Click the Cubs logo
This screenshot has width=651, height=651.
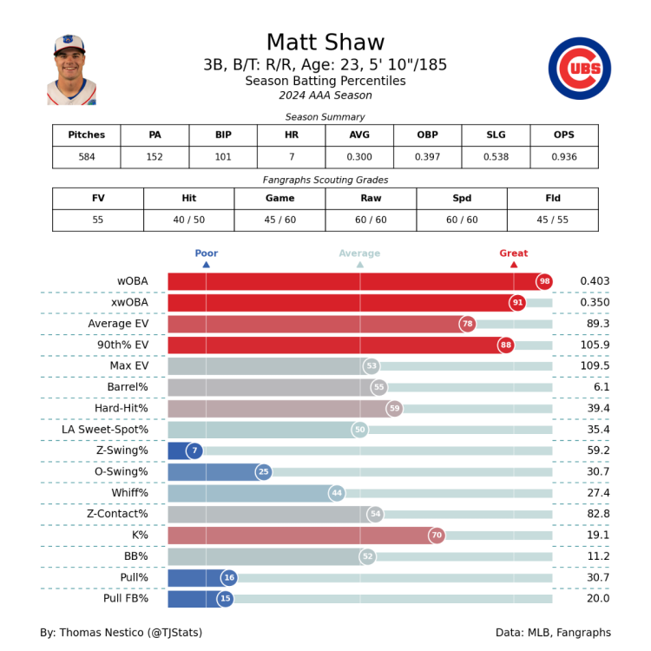579,69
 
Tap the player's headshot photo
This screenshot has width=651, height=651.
71,70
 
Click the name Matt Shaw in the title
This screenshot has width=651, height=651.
325,43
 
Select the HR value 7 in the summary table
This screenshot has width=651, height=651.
292,157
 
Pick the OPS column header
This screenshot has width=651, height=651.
563,135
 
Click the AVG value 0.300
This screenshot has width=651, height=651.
359,157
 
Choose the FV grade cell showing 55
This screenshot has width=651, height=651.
98,220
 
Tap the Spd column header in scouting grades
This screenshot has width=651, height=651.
461,198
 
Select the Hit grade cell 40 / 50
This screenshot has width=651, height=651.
188,220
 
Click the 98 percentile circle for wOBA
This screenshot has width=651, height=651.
544,281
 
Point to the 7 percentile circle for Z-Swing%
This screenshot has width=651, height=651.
194,450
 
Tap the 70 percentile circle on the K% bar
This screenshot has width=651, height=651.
437,536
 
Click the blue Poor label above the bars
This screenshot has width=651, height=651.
206,253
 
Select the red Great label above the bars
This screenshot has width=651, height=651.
513,253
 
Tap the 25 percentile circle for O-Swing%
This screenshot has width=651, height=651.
264,472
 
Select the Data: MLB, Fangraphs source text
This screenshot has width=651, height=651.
553,632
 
